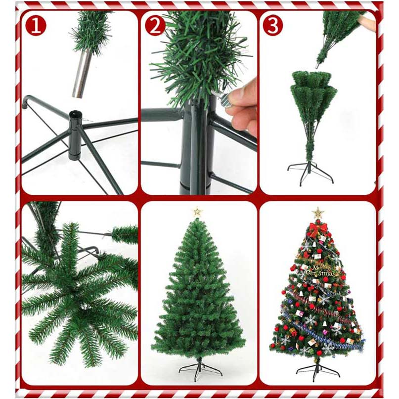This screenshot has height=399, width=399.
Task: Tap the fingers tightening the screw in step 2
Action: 244,107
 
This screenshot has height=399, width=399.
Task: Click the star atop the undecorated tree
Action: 197,212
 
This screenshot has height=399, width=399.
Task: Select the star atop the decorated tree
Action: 317,213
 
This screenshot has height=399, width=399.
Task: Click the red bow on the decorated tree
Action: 317,229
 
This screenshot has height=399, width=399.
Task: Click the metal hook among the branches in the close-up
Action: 89,251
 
